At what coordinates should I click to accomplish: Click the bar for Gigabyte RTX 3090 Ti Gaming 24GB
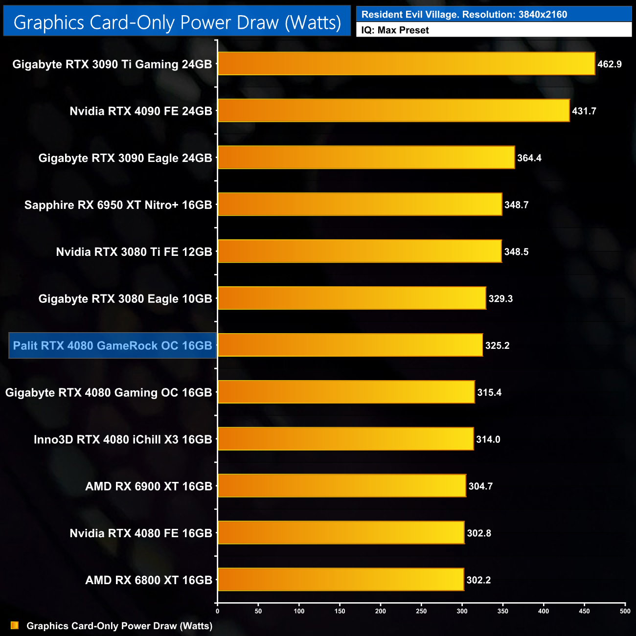pos(406,64)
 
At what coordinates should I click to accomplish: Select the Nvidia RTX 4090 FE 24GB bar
pos(393,111)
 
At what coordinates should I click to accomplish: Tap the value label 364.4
pos(529,158)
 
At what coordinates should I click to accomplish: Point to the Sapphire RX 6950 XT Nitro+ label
pos(118,205)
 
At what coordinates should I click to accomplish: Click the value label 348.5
pos(516,252)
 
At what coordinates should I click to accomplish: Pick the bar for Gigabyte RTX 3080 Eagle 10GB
pos(352,298)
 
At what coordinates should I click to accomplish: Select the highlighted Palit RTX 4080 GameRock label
pos(113,345)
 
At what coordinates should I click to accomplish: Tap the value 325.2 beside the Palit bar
pos(497,345)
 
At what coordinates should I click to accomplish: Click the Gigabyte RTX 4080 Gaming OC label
pos(109,392)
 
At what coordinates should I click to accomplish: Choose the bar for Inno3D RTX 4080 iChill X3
pos(345,439)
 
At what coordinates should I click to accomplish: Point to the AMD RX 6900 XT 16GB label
pos(149,486)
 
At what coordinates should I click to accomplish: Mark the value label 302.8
pos(479,533)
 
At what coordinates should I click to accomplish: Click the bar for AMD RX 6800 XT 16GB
pos(341,579)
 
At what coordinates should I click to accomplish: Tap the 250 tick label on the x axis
pos(421,611)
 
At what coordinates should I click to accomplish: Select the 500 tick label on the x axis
pos(625,611)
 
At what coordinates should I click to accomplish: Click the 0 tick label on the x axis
pos(218,611)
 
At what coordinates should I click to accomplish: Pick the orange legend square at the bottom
pos(15,626)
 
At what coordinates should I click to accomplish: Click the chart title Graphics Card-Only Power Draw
pos(177,22)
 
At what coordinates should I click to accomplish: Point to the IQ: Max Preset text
pos(395,30)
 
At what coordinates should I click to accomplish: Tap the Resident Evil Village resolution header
pos(464,15)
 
